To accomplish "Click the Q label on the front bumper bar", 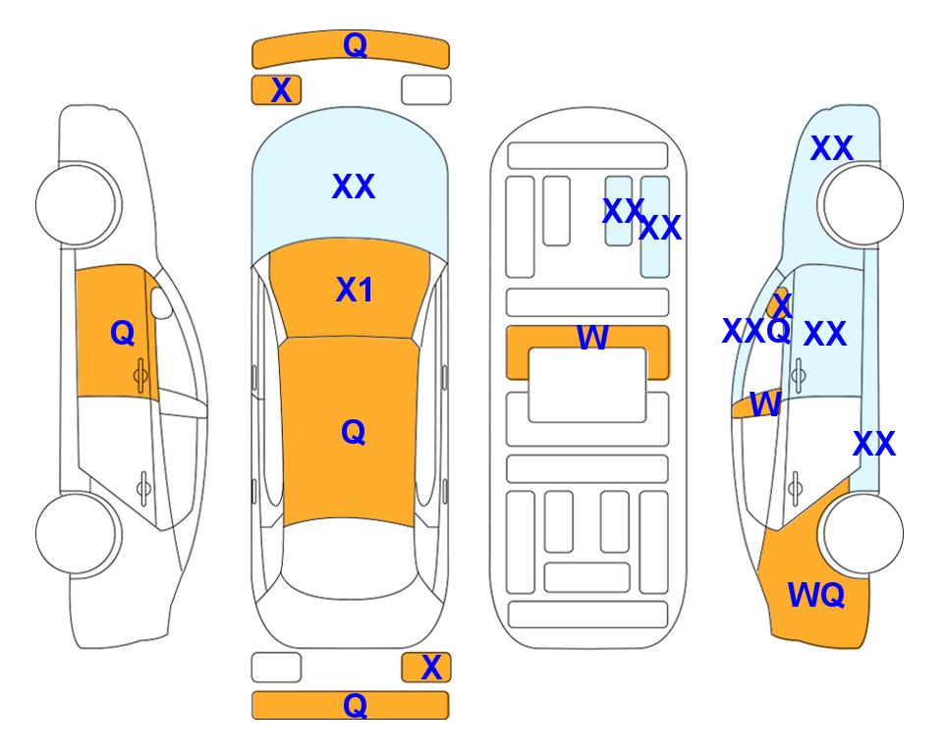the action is point(355,45).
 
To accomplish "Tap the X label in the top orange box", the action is point(281,90).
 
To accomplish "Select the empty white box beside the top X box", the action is point(426,90).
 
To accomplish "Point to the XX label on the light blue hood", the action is point(354,187).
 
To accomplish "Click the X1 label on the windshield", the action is point(355,290).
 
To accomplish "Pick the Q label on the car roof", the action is point(354,432).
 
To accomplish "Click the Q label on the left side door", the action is point(123,333).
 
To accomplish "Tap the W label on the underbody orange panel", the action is point(592,337).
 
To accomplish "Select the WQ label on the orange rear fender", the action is point(816,596).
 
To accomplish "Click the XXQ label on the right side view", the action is point(756,331).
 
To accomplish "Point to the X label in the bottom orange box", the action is point(431,668).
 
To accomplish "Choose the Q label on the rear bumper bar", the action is point(355,705).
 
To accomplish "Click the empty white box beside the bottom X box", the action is point(276,668).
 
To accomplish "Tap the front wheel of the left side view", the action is point(78,205).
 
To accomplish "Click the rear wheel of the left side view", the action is point(78,534).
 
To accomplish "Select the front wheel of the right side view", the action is point(863,205).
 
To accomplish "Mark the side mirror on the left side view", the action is point(161,302).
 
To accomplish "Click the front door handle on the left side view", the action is point(141,376).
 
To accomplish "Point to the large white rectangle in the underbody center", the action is point(587,385).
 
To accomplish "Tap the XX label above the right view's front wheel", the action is point(832,148).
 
